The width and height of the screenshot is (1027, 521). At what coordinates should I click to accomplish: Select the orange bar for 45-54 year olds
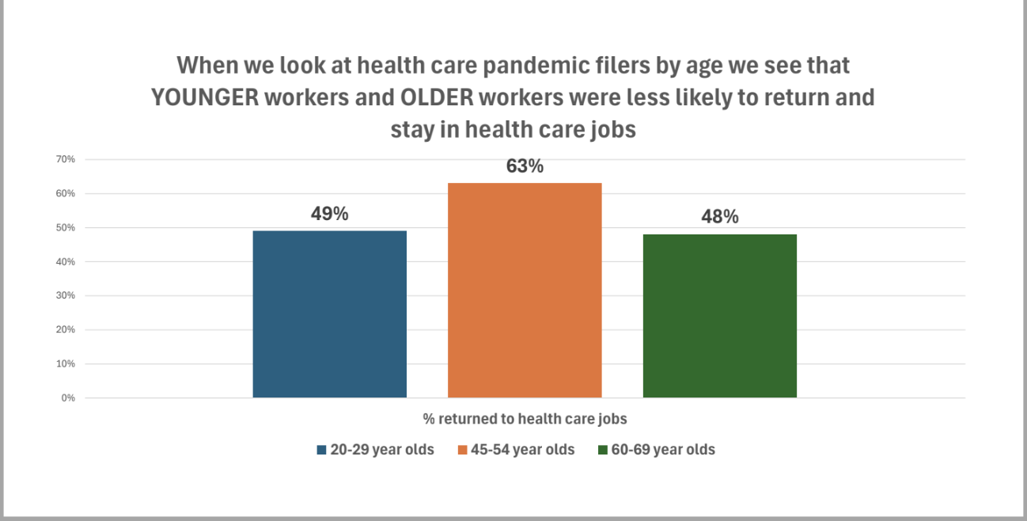click(525, 290)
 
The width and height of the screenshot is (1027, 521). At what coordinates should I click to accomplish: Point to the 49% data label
click(329, 214)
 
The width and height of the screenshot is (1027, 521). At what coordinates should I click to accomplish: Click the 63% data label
click(525, 166)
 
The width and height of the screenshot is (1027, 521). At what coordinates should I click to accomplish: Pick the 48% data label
click(719, 217)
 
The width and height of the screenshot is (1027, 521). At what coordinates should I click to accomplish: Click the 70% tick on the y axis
click(65, 159)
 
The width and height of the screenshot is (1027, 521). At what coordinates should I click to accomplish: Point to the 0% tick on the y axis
click(68, 397)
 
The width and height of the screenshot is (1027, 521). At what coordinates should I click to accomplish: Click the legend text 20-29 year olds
click(382, 450)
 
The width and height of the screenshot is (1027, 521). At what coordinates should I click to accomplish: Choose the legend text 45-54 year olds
click(523, 450)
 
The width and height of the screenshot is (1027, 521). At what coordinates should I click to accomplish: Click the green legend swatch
click(603, 450)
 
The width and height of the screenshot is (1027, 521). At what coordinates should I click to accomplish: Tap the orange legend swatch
click(462, 450)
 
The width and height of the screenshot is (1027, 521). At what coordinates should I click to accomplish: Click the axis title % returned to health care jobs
click(525, 418)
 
